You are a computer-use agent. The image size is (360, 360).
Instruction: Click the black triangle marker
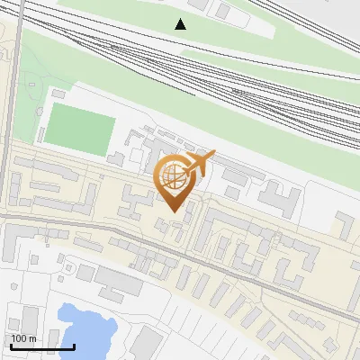point(181,24)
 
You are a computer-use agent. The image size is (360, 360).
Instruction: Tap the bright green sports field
point(80,127)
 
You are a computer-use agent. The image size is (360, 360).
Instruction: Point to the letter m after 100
point(32,337)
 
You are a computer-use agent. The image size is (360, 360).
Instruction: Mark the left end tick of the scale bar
point(11,345)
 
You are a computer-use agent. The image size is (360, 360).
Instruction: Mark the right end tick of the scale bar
point(74,345)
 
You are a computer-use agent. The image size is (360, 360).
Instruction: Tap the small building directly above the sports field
point(59,93)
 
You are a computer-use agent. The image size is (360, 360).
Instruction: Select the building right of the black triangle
point(222,11)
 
